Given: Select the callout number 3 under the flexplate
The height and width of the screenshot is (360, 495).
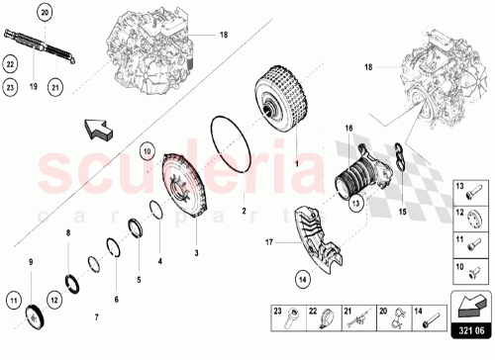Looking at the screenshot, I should tap(196, 254).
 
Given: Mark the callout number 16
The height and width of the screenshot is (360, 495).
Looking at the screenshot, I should tap(347, 129).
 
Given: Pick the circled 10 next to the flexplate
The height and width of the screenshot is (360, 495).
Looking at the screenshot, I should tap(147, 151).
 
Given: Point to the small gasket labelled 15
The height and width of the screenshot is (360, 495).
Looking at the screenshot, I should tap(396, 160).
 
